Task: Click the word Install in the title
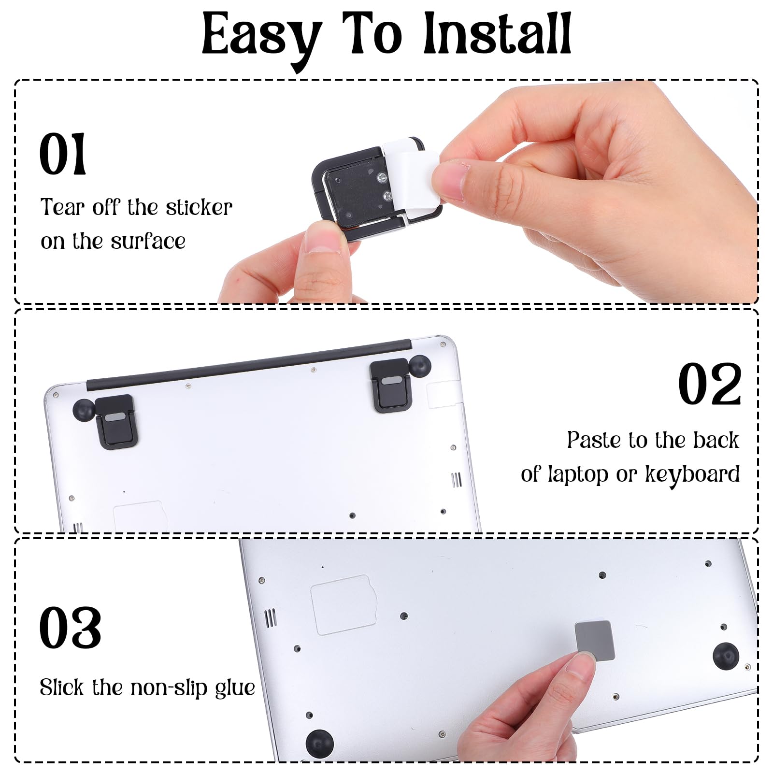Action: pyautogui.click(x=498, y=34)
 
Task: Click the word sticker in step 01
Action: pyautogui.click(x=199, y=207)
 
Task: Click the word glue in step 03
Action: pyautogui.click(x=235, y=688)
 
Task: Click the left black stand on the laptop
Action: pyautogui.click(x=116, y=421)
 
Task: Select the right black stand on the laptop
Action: pyautogui.click(x=390, y=386)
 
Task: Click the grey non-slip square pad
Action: pyautogui.click(x=595, y=640)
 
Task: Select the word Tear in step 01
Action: pyautogui.click(x=63, y=207)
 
